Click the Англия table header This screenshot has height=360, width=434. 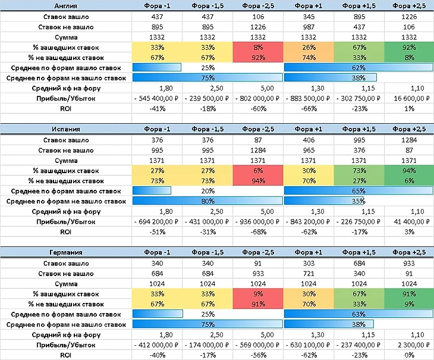pos(65,5)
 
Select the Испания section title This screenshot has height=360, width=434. pos(65,130)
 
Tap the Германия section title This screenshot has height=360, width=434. pos(65,253)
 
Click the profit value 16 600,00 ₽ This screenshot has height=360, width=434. pos(408,98)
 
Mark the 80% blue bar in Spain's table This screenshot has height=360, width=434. pos(207,201)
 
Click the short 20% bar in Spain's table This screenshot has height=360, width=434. pos(152,191)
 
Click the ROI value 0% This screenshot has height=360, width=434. pos(408,355)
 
